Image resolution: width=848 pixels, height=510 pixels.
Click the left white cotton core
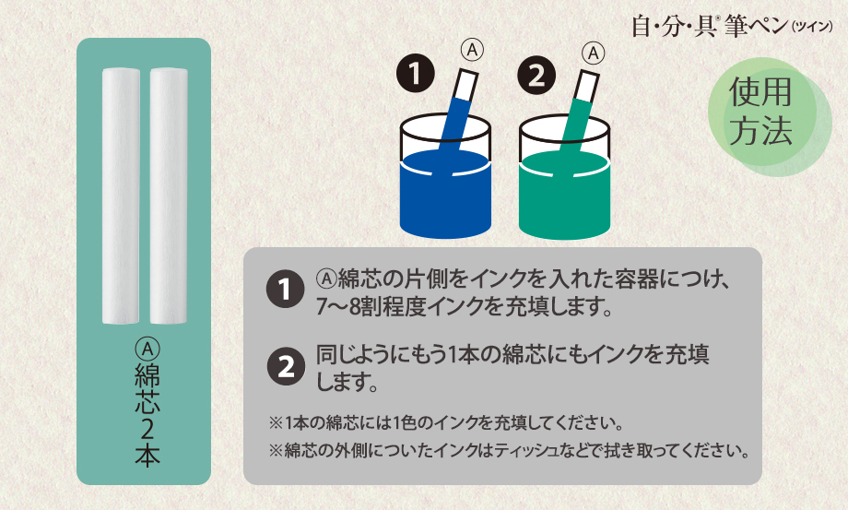pos(121,196)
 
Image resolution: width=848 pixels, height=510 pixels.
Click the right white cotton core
pos(169,196)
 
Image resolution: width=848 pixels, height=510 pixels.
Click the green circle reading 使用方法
pos(762,112)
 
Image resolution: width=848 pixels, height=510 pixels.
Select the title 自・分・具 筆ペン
pos(710,26)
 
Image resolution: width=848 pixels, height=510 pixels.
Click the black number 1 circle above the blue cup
pos(416,74)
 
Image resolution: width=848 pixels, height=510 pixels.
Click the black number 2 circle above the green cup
pos(536,76)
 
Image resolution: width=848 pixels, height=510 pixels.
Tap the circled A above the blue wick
pos(472,51)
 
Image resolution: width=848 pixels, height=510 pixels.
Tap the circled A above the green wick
pos(594,53)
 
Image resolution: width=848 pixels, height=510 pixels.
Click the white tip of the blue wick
pos(466,86)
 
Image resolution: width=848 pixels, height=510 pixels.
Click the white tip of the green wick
pos(586,87)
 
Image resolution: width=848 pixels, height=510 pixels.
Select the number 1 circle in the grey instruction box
pos(286,289)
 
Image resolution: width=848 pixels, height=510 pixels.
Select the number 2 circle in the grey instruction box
pos(286,366)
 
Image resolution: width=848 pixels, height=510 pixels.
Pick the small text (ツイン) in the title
pos(812,27)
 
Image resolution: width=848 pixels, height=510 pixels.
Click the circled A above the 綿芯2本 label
pos(147,349)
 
